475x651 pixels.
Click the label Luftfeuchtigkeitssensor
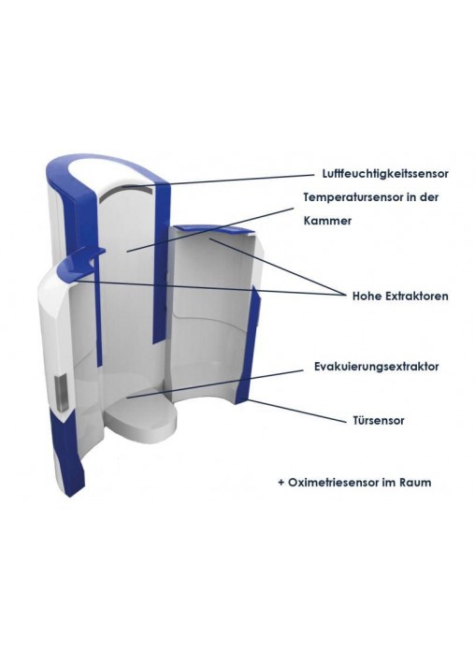(x=385, y=174)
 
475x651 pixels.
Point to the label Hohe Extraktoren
(x=400, y=296)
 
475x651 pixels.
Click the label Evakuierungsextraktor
(x=377, y=367)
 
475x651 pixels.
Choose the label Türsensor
(x=379, y=420)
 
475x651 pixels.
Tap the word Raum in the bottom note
(x=415, y=483)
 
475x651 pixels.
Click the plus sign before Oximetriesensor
(x=281, y=483)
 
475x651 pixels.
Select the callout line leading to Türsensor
(x=297, y=411)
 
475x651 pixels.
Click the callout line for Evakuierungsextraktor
(x=215, y=383)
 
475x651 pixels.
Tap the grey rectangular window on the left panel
(x=62, y=392)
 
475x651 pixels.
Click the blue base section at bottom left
(x=67, y=452)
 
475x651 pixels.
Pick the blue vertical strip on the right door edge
(x=248, y=344)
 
